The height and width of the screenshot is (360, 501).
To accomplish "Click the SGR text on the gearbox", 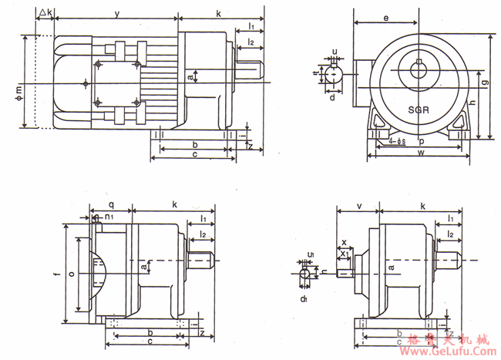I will [x=420, y=109].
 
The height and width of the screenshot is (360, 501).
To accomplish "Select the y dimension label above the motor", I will [x=116, y=14].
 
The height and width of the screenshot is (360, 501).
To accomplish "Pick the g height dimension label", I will [x=484, y=81].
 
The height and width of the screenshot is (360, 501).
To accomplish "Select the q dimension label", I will [x=112, y=205].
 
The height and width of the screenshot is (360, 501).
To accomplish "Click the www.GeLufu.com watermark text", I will [x=449, y=351].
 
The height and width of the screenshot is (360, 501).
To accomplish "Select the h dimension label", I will [x=472, y=103].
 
